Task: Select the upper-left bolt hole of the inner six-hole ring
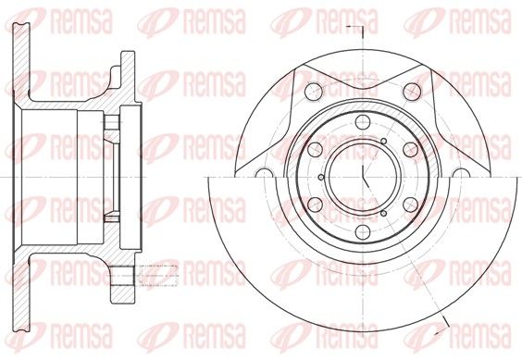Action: tap(314, 149)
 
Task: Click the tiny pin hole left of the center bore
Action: tap(320, 177)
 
